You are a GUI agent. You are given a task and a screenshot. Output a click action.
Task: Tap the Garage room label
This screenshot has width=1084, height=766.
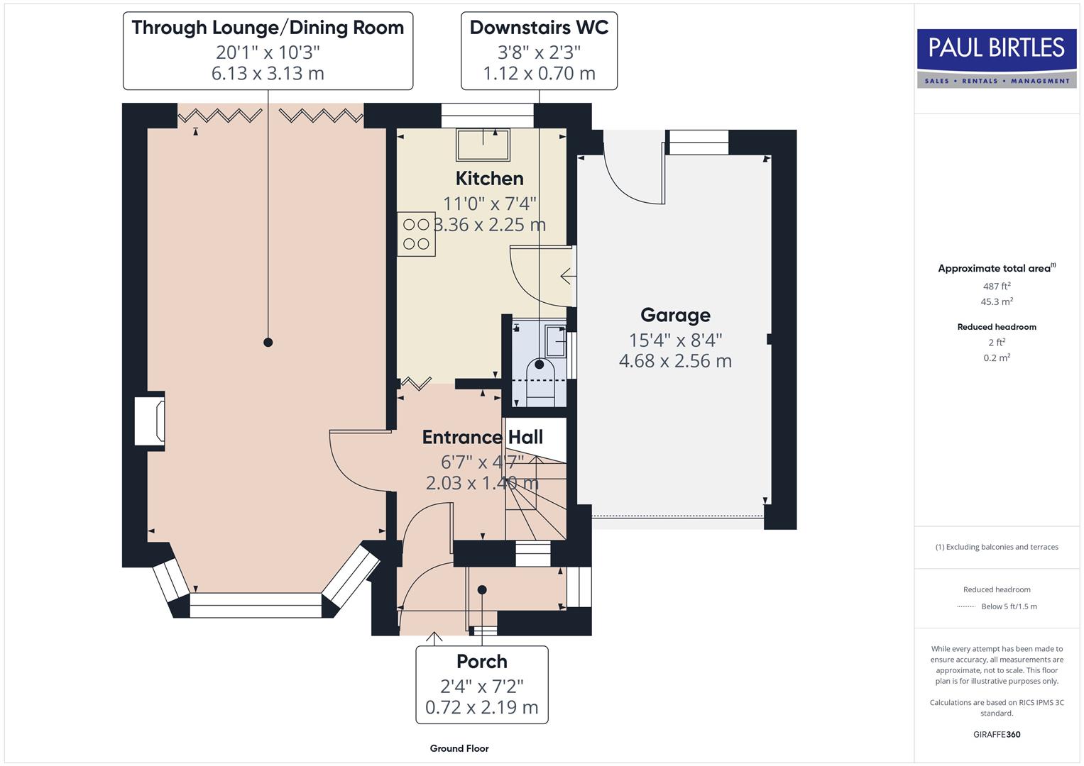(675, 315)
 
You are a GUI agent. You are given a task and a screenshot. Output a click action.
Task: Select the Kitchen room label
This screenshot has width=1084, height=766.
(489, 178)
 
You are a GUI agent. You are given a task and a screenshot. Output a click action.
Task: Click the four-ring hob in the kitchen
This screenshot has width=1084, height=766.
(416, 234)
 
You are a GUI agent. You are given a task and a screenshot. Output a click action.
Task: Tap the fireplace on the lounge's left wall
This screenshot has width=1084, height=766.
(151, 421)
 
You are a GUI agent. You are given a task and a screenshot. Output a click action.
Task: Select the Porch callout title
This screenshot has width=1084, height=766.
(481, 661)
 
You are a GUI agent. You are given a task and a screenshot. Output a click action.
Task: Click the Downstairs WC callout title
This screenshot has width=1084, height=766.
(539, 28)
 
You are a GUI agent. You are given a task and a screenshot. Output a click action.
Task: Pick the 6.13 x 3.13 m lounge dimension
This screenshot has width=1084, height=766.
(268, 73)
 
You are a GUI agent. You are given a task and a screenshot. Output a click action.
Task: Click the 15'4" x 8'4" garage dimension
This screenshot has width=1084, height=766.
(675, 340)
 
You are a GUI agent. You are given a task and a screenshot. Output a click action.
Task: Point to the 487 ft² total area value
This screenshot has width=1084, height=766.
(997, 287)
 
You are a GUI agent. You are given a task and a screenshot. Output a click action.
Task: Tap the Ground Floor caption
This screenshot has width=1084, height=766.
(459, 748)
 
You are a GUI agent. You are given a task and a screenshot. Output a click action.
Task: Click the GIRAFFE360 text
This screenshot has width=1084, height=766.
(997, 734)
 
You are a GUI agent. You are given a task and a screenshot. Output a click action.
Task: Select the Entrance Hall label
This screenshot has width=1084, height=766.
(482, 437)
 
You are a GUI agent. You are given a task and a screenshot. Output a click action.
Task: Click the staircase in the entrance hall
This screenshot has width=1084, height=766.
(536, 496)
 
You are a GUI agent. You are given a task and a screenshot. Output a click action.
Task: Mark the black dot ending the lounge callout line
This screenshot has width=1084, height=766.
(268, 342)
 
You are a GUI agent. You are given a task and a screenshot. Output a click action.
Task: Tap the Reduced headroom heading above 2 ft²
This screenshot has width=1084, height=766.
(997, 327)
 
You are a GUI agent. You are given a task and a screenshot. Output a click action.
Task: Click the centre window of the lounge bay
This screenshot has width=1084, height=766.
(256, 605)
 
